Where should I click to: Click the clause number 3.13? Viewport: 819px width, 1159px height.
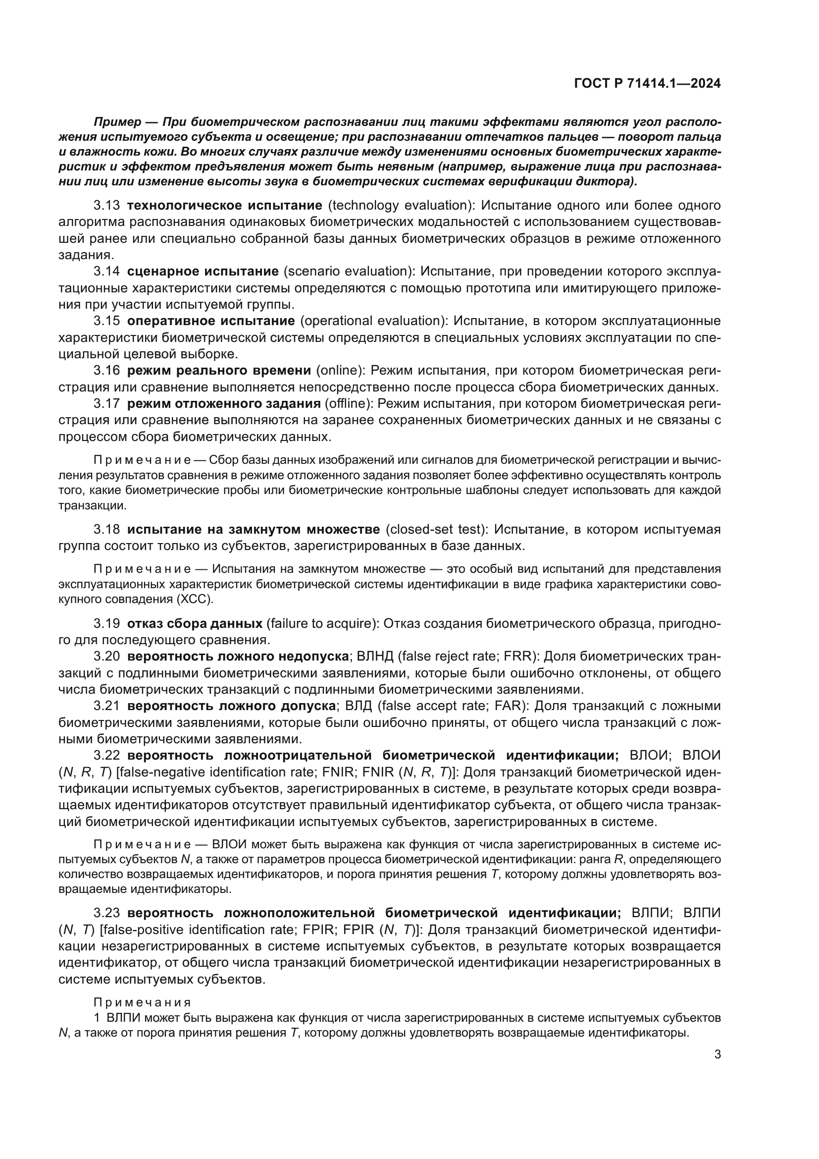point(106,206)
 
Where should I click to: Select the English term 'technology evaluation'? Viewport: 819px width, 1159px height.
point(401,206)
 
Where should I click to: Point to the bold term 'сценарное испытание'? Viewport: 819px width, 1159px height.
point(203,272)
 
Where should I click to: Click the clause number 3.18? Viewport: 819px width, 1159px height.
point(106,530)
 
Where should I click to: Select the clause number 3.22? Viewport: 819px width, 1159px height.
point(106,756)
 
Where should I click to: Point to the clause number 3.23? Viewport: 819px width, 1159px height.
point(106,913)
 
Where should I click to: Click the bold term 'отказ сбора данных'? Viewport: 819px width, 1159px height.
point(195,623)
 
